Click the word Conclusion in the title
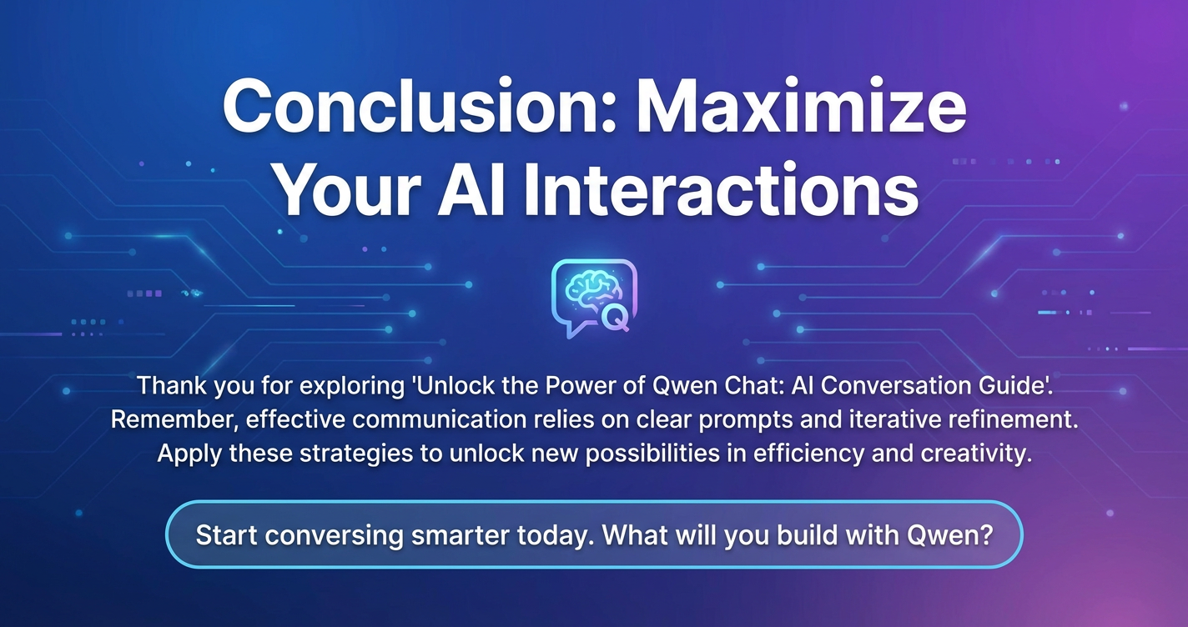click(x=419, y=106)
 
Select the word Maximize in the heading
click(x=801, y=106)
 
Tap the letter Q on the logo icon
click(x=615, y=319)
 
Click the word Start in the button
click(x=226, y=534)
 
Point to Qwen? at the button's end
click(x=949, y=535)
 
